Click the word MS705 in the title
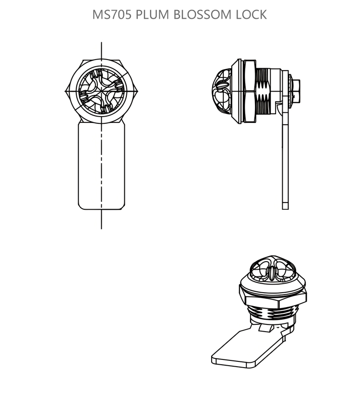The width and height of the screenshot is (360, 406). click(x=112, y=14)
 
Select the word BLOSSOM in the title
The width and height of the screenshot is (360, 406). click(x=202, y=14)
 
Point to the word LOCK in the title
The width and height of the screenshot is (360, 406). click(x=251, y=14)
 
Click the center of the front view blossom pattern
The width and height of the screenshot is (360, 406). click(x=101, y=91)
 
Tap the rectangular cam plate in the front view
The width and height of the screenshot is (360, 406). click(x=101, y=166)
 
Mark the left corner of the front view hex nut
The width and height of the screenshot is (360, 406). click(x=65, y=91)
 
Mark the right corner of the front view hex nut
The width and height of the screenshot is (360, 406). click(x=138, y=91)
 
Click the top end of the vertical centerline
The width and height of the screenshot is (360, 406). click(x=101, y=42)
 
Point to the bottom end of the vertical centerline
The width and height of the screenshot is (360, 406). click(x=101, y=229)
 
